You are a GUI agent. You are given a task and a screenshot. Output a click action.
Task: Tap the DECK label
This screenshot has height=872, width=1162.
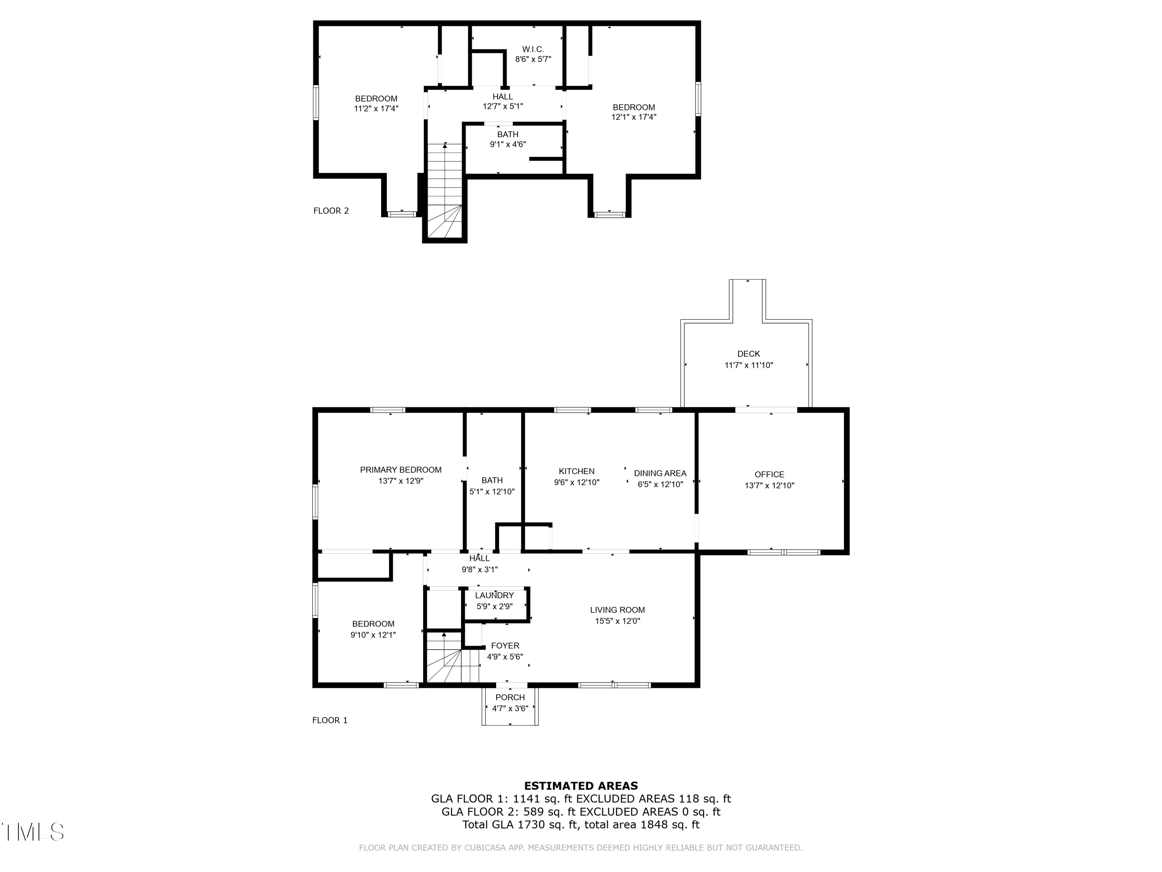[749, 354]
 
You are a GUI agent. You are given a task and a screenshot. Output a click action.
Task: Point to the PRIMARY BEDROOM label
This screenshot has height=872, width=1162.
[401, 470]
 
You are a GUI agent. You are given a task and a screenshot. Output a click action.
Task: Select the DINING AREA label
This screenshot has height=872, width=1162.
[660, 474]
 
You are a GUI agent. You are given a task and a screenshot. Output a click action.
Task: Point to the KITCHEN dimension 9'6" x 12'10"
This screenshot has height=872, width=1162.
[577, 483]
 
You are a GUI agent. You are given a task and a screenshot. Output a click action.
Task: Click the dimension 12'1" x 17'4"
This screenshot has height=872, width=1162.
[634, 117]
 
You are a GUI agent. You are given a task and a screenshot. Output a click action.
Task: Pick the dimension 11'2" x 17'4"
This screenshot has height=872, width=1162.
[376, 109]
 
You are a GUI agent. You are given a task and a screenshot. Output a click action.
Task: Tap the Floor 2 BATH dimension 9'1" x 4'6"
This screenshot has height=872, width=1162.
[508, 145]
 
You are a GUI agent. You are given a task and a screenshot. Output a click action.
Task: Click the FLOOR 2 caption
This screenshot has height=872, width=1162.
[331, 211]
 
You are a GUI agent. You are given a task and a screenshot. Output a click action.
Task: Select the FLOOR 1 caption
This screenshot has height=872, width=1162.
[330, 720]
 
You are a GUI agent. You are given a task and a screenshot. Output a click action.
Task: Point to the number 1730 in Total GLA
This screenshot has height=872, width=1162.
[531, 825]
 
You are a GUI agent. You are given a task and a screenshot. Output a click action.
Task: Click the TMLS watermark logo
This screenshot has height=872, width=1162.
[33, 832]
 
